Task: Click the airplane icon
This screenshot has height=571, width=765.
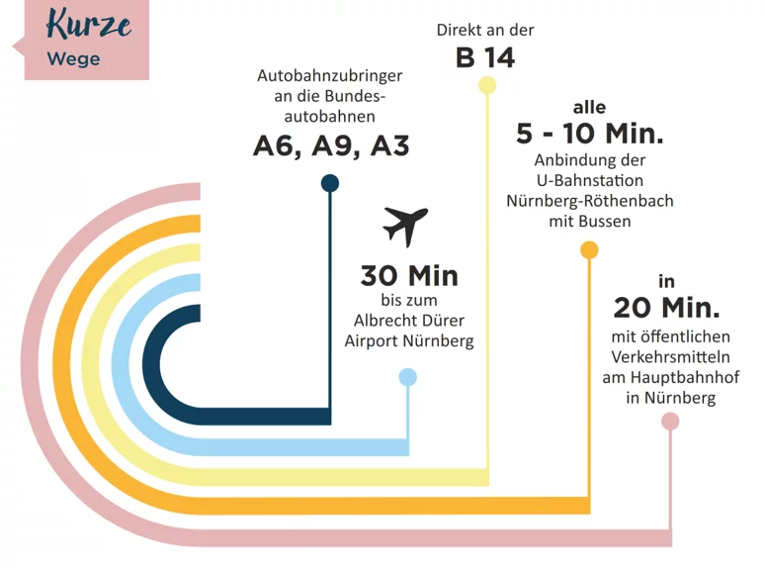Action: point(405,227)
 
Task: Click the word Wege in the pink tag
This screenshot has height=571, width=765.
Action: point(74,59)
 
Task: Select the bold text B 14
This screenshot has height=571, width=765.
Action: point(485,57)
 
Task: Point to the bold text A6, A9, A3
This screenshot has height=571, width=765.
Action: point(331,145)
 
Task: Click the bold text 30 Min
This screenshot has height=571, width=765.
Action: point(409,275)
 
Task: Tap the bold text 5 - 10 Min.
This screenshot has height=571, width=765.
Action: point(590,134)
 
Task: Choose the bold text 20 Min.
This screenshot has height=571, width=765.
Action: point(666,308)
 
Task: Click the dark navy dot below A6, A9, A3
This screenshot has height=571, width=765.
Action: point(330,184)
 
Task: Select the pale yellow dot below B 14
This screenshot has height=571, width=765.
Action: point(487,85)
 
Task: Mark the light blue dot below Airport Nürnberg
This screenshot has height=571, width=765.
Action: point(408,377)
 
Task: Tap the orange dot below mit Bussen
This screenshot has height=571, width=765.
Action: point(589,250)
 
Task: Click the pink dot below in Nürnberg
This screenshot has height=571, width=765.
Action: point(670,421)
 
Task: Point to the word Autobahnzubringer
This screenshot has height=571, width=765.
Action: point(330,76)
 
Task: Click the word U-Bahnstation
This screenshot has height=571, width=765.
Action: point(590,181)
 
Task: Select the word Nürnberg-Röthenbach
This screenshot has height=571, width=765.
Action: point(590,201)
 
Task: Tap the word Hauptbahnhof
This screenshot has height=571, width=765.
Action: point(685,377)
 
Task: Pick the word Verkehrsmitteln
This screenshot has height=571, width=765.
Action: point(670,357)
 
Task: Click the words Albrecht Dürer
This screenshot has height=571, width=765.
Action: point(409,321)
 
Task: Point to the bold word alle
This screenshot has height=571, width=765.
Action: point(589,107)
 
